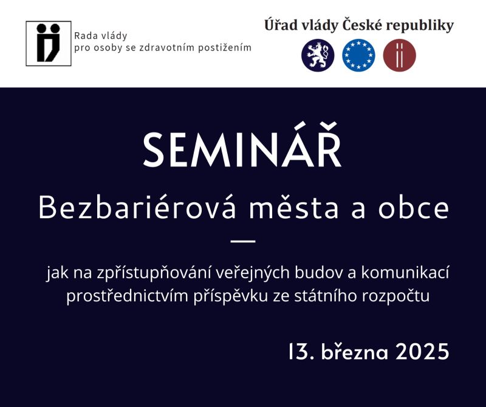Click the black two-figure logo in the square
49,43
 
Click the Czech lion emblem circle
318,55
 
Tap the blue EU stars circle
358,55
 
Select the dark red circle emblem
400,55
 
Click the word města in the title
293,207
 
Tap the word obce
414,208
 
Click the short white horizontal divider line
243,241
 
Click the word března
355,351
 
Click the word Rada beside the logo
83,36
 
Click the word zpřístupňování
154,273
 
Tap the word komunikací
405,273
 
